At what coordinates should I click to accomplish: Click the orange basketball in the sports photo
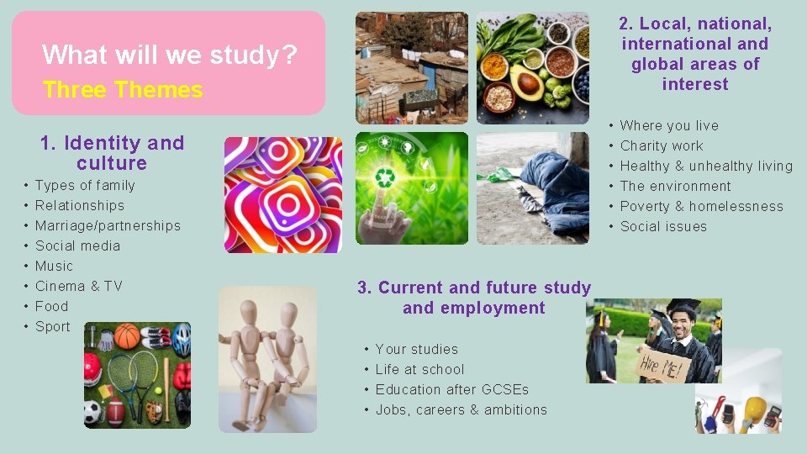point(128,335)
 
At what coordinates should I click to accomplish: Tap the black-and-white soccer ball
point(92,413)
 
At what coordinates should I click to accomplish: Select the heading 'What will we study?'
point(170,55)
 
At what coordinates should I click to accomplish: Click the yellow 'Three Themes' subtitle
point(123,90)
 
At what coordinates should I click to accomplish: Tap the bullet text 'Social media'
point(77,245)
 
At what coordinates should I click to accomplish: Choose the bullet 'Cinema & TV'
point(78,286)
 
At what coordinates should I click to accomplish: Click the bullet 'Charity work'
point(662,145)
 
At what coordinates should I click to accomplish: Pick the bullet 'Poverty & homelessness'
point(701,206)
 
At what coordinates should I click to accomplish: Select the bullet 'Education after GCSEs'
point(452,389)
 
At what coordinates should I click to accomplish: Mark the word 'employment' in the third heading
point(474,308)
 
